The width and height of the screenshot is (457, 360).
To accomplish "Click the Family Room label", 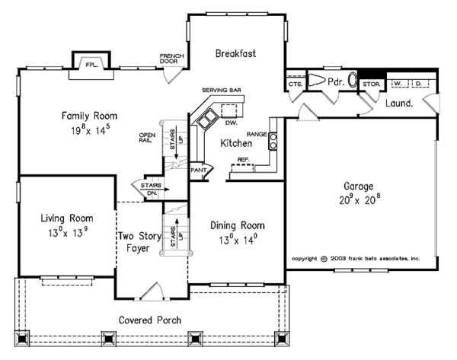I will (x=90, y=116).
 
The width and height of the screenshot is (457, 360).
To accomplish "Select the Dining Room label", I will (x=238, y=225).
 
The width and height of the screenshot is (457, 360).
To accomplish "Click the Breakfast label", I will (x=235, y=53).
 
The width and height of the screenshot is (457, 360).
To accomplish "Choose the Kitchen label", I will (x=236, y=143).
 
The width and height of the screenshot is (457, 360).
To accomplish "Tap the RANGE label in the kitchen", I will (x=257, y=134).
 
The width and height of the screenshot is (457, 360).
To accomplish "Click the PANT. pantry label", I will (x=200, y=170).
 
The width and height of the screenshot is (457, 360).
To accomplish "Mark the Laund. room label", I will (x=399, y=102).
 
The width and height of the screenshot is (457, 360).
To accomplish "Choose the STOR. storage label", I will (x=372, y=83).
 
